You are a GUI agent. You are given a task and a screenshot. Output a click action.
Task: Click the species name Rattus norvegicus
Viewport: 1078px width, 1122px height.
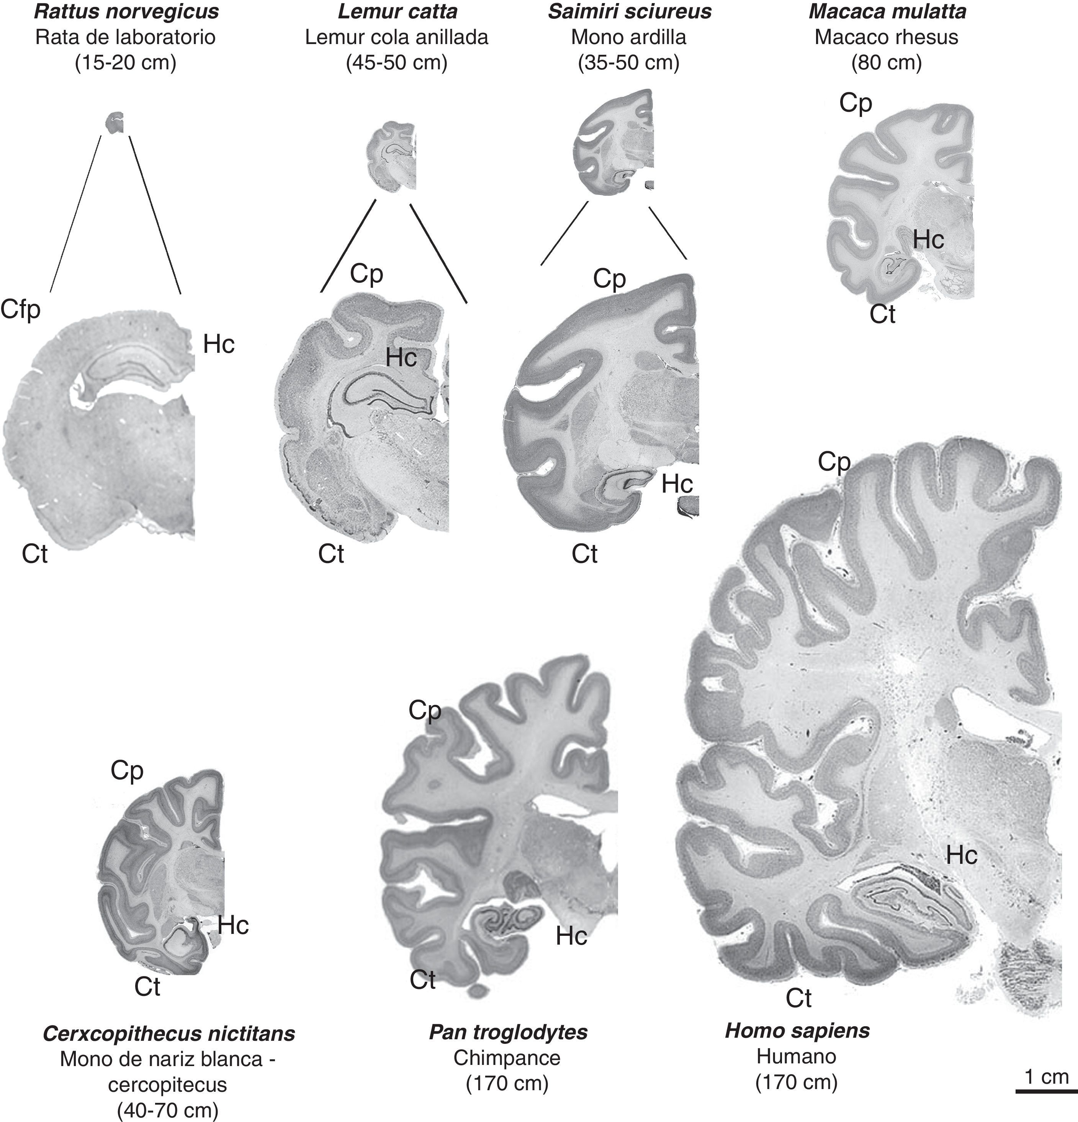tap(126, 11)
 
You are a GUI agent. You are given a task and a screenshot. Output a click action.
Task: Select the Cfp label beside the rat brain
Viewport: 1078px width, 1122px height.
tap(21, 310)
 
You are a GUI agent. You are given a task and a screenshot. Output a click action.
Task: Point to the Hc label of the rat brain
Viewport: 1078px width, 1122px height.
tap(219, 345)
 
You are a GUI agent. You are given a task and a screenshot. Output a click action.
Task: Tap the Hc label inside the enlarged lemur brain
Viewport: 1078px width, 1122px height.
tap(401, 358)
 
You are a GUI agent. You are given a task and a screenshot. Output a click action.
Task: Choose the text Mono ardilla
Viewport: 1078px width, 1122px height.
tap(629, 37)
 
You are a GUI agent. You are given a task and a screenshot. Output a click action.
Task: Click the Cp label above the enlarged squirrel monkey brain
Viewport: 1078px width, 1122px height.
tap(609, 279)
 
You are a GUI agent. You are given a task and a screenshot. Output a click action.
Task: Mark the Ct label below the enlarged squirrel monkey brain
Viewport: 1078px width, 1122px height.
tap(584, 554)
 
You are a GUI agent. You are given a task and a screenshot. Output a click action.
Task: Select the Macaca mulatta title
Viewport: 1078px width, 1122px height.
tap(887, 11)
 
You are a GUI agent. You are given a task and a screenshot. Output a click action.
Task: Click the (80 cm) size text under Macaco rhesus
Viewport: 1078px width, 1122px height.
tap(886, 62)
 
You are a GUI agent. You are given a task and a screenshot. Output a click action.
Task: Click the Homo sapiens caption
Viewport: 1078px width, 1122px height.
tap(797, 1030)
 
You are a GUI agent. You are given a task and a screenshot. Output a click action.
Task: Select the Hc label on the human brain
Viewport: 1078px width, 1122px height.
tap(961, 855)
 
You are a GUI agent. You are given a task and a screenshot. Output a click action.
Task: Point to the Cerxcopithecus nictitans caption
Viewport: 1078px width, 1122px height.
tap(169, 1033)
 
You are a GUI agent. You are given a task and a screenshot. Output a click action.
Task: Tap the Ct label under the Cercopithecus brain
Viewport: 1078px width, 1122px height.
tap(147, 986)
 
